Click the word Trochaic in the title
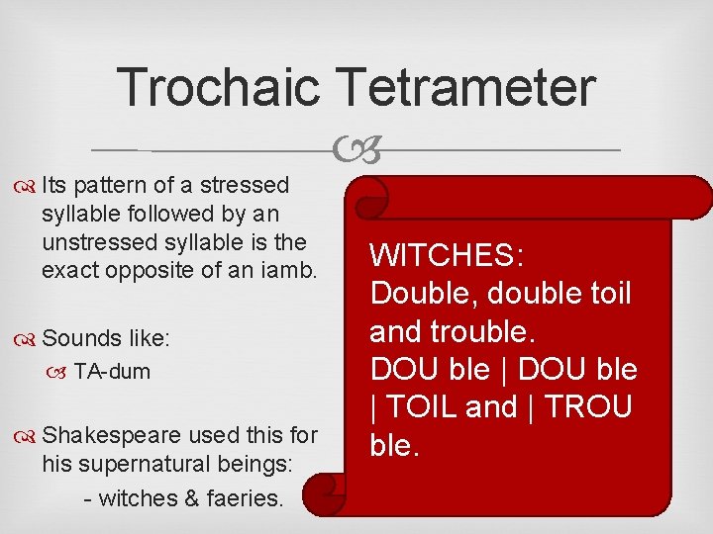click(218, 87)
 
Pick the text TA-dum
click(112, 372)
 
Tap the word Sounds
click(81, 338)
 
